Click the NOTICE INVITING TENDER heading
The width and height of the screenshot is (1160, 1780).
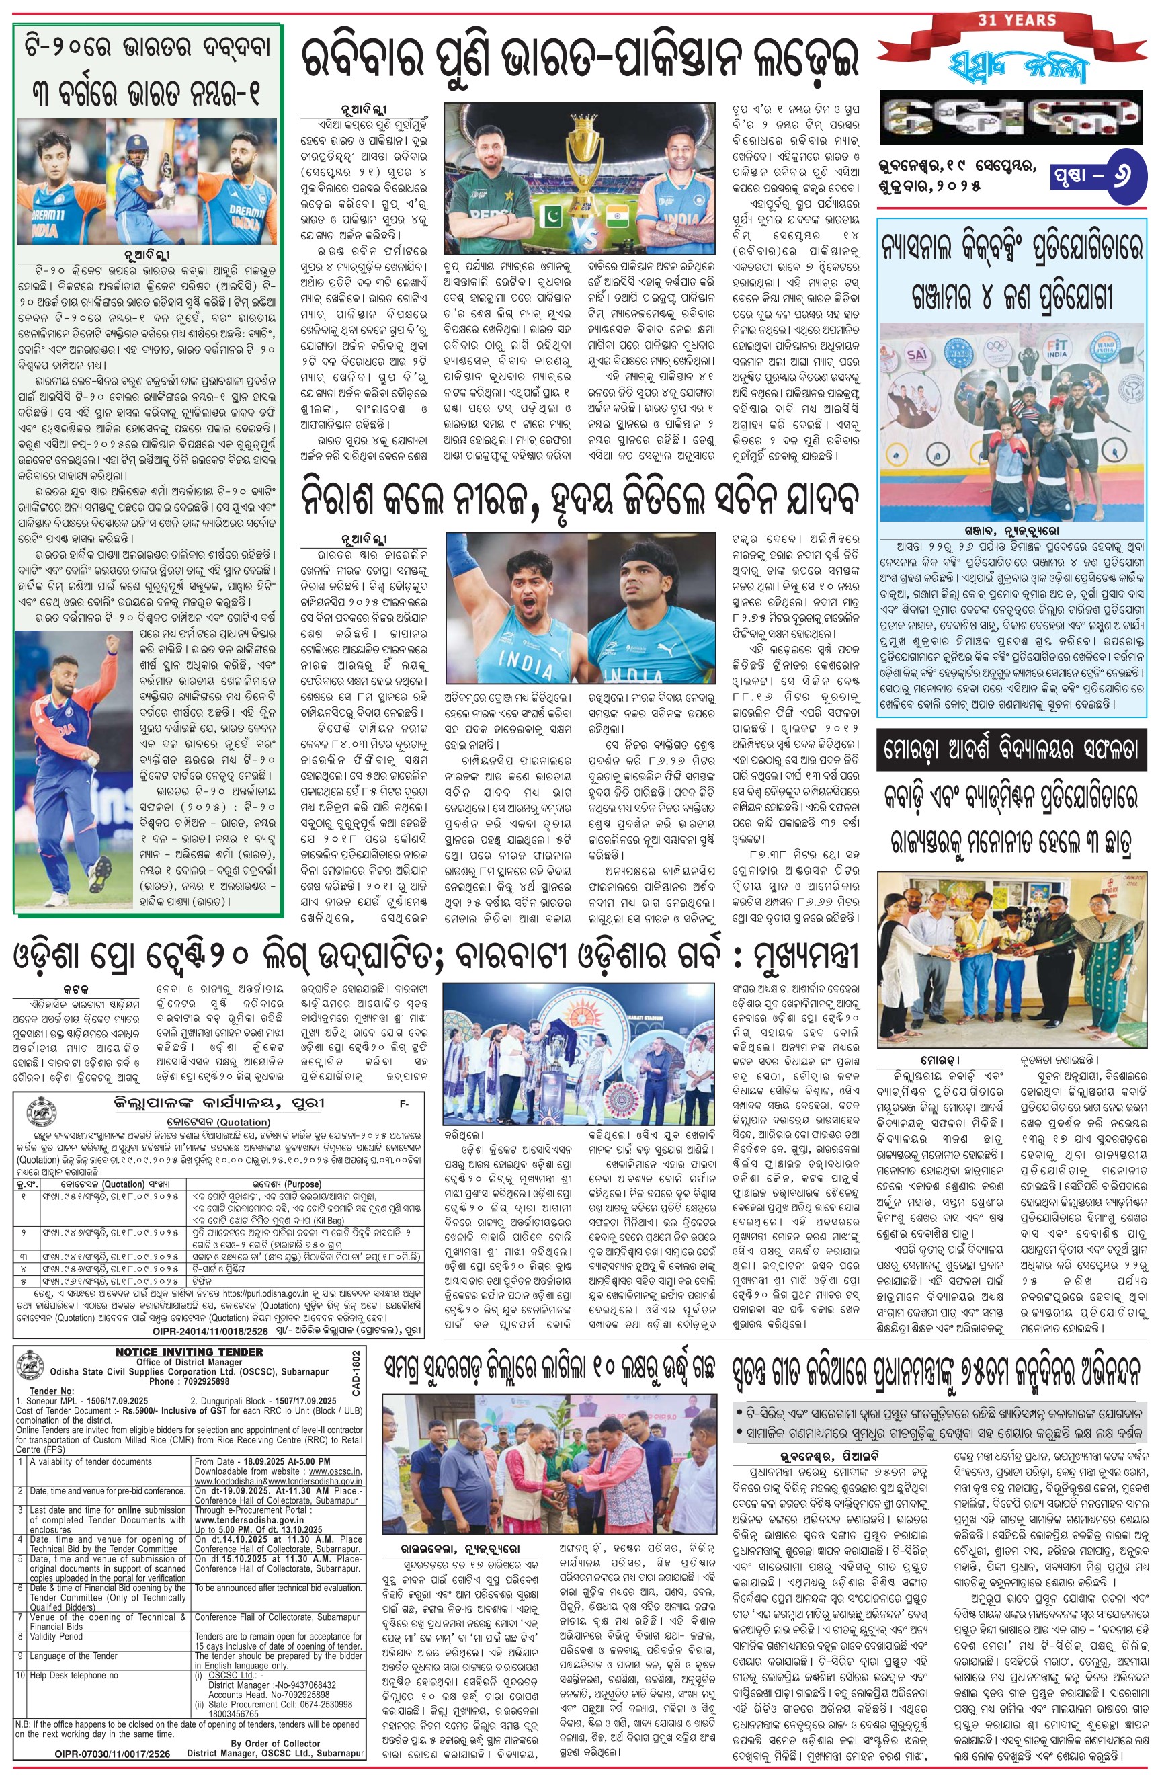click(x=190, y=1352)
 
